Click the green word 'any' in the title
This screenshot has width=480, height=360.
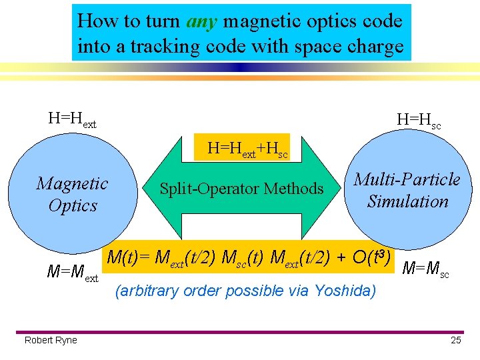(203, 21)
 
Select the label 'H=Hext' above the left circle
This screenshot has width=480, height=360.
(72, 120)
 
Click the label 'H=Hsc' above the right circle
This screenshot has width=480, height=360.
(419, 121)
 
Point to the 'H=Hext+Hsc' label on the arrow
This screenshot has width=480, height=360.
(247, 149)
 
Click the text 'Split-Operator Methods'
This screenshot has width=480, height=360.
(241, 189)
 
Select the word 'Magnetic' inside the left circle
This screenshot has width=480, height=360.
(73, 183)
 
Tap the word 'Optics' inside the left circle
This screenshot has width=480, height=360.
(73, 206)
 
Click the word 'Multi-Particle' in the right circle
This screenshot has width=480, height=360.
(407, 179)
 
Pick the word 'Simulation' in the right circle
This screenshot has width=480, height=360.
(407, 201)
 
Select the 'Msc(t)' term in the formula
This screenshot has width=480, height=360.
(244, 257)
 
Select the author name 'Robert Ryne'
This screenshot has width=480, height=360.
(51, 341)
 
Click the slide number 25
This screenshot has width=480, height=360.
(456, 341)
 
